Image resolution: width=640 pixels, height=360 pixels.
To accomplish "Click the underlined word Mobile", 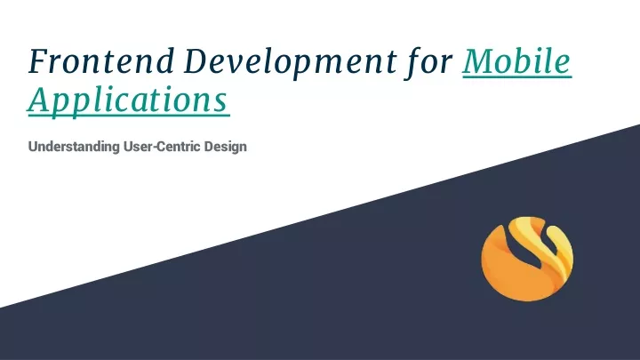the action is pos(516,61).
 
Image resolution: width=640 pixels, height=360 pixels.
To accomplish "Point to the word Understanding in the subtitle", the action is pos(74,147).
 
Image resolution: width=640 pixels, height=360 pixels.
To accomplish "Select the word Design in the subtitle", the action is pos(225,147).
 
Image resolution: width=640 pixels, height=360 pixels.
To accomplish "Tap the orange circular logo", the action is pos(527,259).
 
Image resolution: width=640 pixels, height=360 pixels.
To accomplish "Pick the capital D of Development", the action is pos(196,61).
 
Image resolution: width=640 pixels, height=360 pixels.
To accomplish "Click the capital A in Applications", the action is pos(41,100).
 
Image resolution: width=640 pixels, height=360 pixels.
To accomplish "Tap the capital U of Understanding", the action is pos(33,146).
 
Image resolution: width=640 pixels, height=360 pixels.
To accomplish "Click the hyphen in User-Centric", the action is pos(155,148).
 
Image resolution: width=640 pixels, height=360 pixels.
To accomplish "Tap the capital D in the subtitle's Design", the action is pos(209,146).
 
